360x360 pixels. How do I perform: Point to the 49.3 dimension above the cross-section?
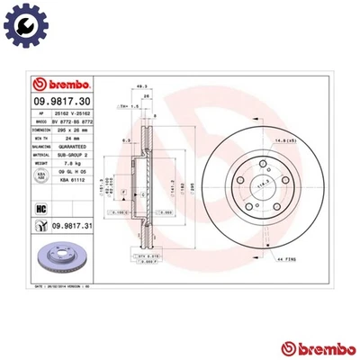pos(141,87)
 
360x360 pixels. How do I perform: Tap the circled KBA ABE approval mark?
pos(40,177)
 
